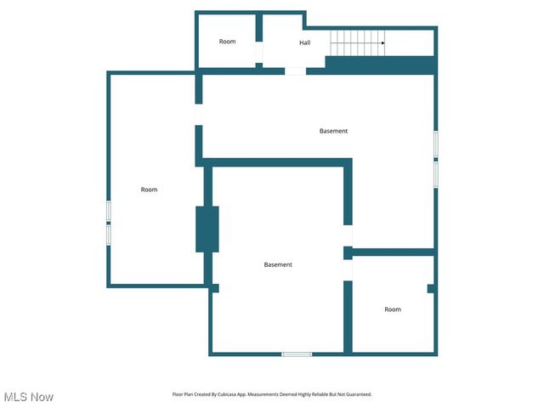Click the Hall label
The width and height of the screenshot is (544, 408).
click(304, 42)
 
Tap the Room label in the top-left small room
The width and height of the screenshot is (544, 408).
click(227, 42)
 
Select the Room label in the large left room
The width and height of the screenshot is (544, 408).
click(149, 190)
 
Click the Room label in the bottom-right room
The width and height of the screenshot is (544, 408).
click(392, 309)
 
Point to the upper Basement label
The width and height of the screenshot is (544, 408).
click(333, 131)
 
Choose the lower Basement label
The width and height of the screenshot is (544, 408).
click(278, 264)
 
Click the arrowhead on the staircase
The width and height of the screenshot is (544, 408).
click(382, 42)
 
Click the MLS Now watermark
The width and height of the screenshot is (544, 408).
click(28, 397)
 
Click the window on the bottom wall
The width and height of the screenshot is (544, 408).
click(297, 354)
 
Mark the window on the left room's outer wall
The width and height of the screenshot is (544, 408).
click(109, 223)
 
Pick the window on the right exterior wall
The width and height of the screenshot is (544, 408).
click(436, 158)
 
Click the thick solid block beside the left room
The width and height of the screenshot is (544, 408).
click(207, 229)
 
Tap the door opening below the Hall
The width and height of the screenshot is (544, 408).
click(295, 71)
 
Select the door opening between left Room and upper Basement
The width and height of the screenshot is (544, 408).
click(199, 115)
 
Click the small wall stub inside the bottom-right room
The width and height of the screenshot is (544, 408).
click(431, 289)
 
